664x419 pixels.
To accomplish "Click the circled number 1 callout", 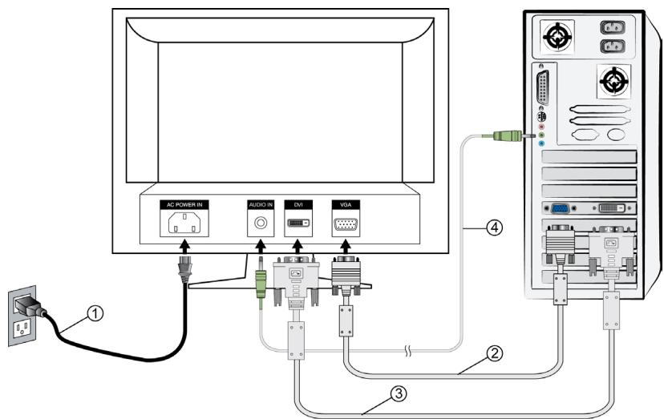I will click(95, 315).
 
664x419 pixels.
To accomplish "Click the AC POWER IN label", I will click(187, 205).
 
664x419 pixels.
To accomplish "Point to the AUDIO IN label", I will click(260, 205).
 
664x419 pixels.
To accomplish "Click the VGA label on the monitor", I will click(346, 205).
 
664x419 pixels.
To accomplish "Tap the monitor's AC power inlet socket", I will click(187, 225).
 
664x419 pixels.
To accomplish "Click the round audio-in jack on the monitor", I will click(260, 225).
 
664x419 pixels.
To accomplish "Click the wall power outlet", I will click(23, 319).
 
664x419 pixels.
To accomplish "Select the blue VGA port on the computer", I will click(561, 207).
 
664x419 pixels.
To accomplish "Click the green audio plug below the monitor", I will click(260, 283).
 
